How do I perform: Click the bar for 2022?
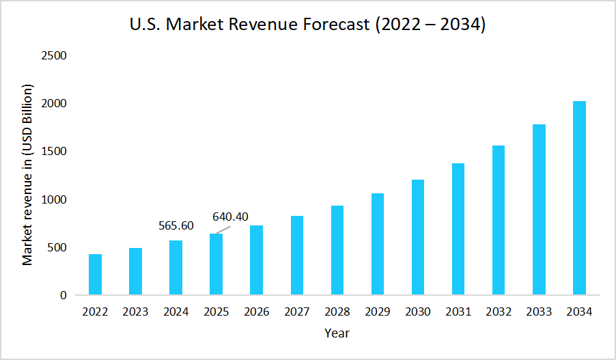[95, 275]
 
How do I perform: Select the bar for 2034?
[579, 198]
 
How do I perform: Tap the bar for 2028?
[337, 250]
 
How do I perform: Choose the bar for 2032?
[499, 220]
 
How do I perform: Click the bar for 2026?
[256, 260]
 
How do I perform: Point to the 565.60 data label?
[176, 225]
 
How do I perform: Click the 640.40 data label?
[230, 217]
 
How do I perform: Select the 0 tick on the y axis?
[63, 296]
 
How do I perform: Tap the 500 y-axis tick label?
[57, 248]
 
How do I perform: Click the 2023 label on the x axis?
[135, 312]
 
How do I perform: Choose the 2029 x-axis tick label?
[378, 312]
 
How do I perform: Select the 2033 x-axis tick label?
[539, 312]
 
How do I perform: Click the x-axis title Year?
[337, 333]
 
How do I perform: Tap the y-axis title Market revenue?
[27, 175]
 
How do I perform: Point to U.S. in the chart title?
[145, 25]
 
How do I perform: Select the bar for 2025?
[216, 264]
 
